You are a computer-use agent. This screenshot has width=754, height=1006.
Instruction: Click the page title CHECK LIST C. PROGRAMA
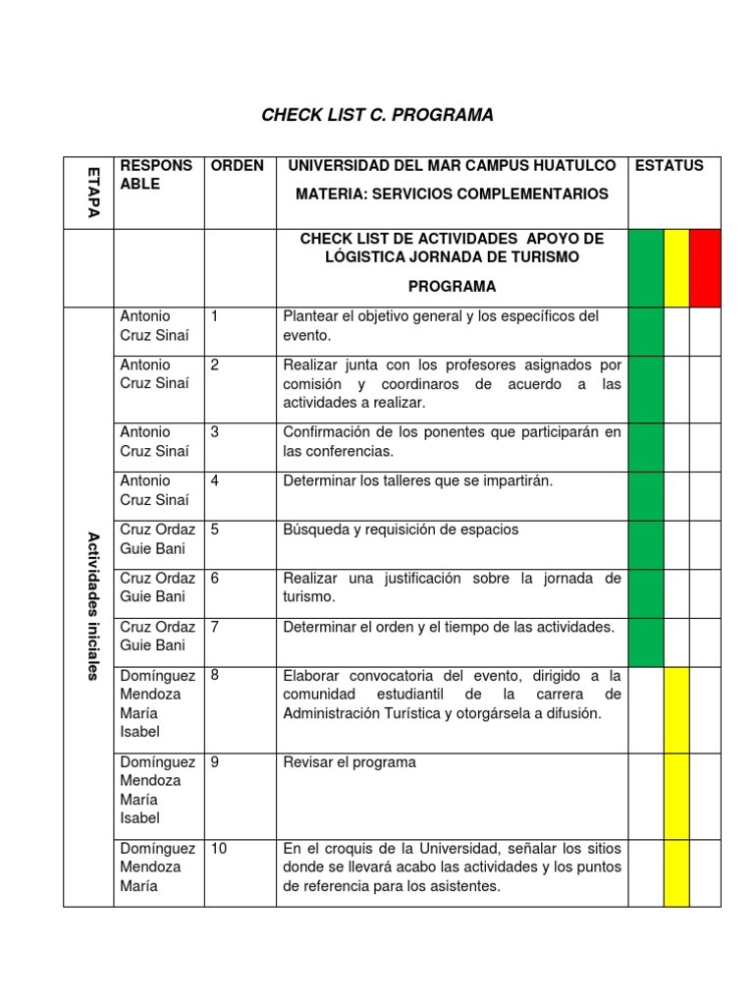tap(377, 116)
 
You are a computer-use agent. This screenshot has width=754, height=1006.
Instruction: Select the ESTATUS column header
tap(670, 166)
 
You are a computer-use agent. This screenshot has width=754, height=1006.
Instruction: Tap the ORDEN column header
tap(237, 166)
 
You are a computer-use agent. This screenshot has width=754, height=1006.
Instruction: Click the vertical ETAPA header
tap(90, 193)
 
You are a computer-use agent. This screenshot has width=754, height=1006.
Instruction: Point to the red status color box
tap(705, 268)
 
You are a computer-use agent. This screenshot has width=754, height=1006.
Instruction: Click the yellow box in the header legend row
tap(676, 268)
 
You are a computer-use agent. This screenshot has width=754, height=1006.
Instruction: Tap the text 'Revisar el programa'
tap(350, 762)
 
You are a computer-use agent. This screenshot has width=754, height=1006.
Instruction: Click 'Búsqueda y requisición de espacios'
tap(401, 531)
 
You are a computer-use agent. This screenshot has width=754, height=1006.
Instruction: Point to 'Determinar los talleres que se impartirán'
tap(418, 481)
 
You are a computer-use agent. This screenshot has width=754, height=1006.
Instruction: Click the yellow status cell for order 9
tap(676, 796)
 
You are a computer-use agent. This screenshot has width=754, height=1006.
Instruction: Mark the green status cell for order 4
tap(645, 496)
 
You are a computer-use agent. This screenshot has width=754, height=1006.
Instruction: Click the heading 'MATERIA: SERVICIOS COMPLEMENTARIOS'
tap(452, 195)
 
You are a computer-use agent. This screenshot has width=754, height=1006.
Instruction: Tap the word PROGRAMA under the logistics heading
tap(452, 287)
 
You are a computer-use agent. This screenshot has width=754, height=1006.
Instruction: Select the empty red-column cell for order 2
tap(705, 389)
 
